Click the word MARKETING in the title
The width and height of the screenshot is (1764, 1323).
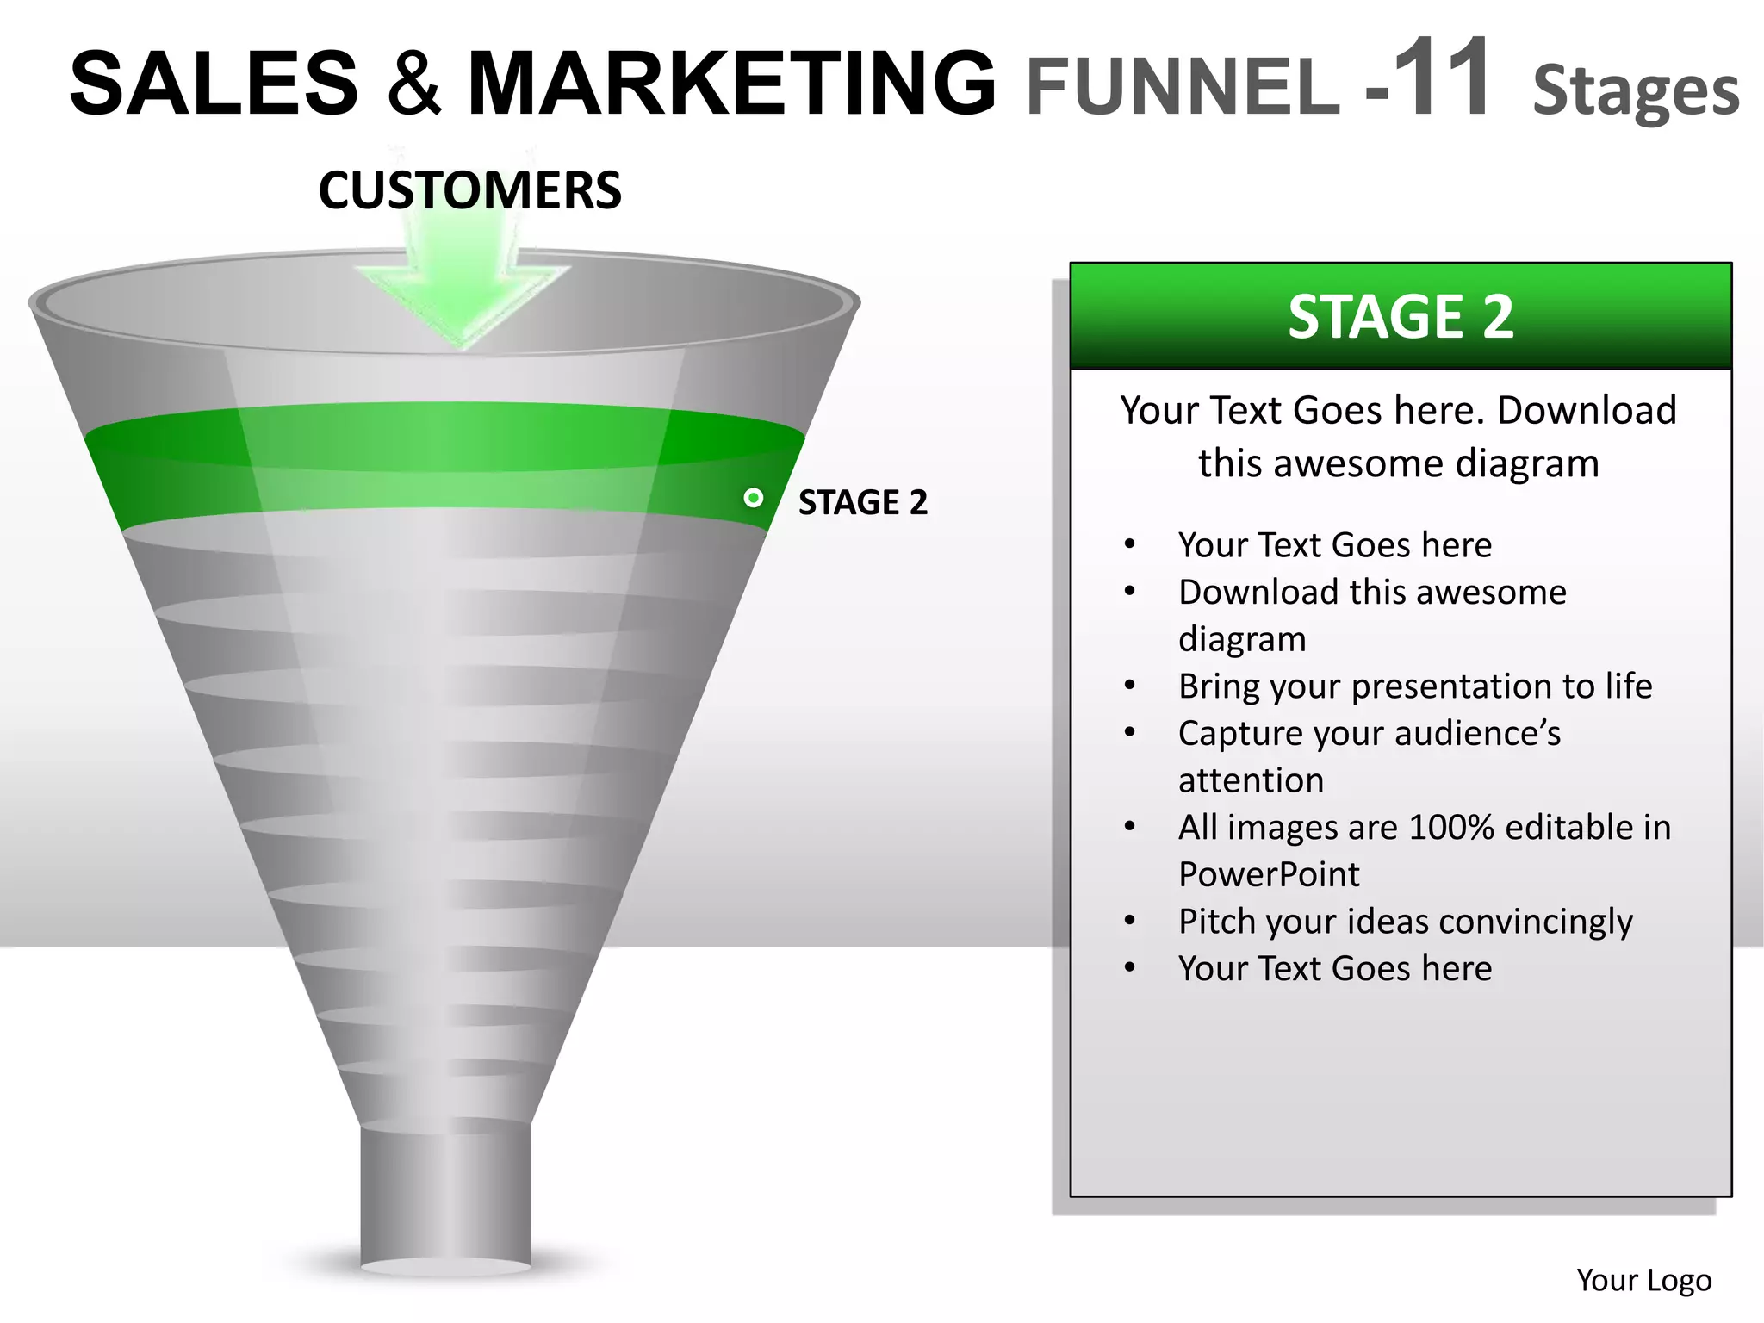coord(731,84)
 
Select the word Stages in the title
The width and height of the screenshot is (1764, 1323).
coord(1636,90)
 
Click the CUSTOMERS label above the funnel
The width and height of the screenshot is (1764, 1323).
coord(469,190)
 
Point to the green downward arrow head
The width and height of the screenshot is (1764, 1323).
coord(463,301)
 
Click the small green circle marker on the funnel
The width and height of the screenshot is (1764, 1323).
coord(754,498)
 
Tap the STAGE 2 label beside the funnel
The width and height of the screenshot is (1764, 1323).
coord(863,502)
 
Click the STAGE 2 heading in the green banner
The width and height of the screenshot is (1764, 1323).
coord(1401,316)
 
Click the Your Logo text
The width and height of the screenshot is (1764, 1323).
coord(1643,1281)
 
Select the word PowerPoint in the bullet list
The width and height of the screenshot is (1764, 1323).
coord(1269,874)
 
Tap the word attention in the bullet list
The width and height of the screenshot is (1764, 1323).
coord(1251,780)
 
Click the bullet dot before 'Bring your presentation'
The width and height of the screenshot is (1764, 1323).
coord(1130,686)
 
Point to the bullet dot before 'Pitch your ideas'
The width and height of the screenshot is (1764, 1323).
coord(1130,921)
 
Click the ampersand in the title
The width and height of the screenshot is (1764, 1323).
coord(414,84)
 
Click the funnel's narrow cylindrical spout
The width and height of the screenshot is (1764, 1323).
coord(445,1197)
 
